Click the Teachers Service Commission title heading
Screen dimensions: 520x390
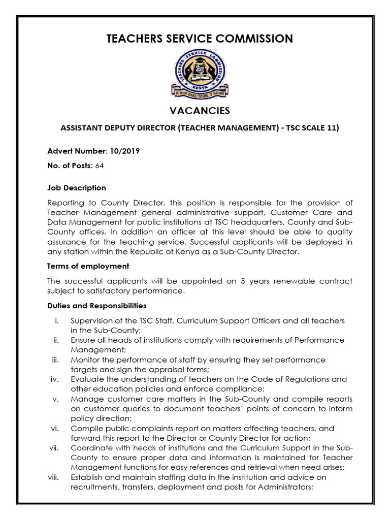pos(200,39)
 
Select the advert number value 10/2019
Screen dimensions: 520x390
pos(124,151)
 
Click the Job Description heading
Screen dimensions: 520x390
pos(76,188)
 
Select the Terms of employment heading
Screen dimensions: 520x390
pos(88,266)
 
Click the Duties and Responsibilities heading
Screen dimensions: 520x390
pos(96,306)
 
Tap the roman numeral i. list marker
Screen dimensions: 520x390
pos(57,321)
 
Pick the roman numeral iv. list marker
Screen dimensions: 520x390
pos(56,379)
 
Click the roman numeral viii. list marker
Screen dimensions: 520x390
pos(55,477)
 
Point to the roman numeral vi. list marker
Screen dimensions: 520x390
pos(56,429)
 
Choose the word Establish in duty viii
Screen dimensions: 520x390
pos(87,477)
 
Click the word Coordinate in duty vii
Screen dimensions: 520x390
pos(90,447)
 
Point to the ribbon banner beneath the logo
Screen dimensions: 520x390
pos(199,93)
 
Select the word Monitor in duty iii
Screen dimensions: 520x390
pos(85,360)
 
